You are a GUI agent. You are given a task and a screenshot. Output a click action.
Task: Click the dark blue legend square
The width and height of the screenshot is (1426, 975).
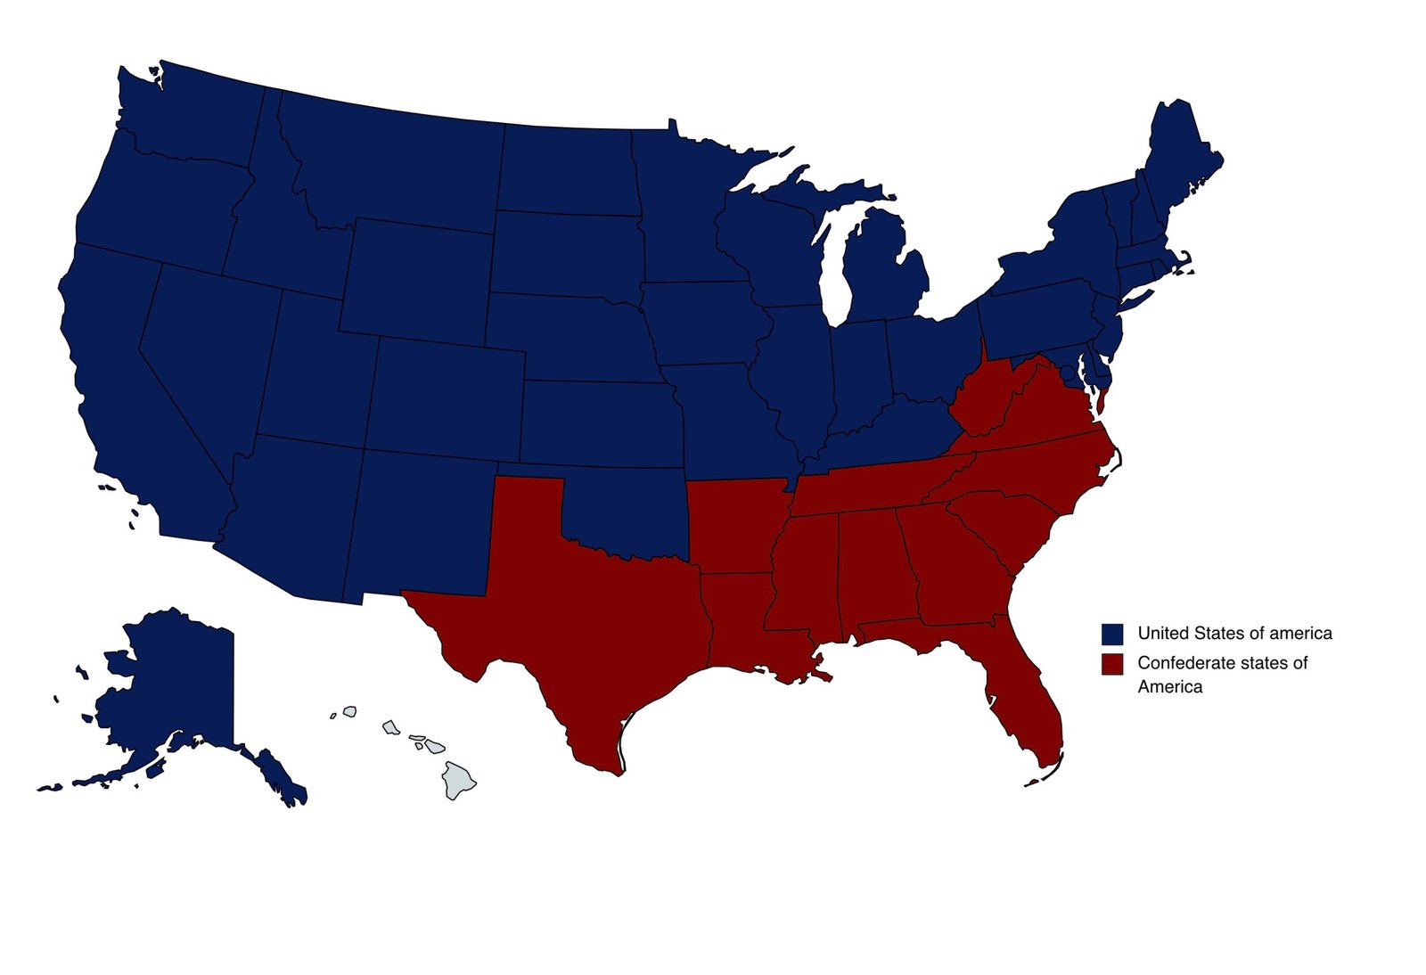click(x=1111, y=634)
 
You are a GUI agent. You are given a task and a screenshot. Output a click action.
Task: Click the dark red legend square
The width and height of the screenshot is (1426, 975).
click(x=1111, y=664)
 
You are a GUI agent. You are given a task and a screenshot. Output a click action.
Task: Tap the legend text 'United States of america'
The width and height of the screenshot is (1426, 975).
click(x=1234, y=634)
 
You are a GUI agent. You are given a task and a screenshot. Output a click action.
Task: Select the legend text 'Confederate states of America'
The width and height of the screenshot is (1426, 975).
click(x=1222, y=675)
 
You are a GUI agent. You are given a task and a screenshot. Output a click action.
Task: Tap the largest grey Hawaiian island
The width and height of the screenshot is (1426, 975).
click(x=459, y=779)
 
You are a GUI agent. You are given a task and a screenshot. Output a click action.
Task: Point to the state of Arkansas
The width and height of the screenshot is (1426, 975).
click(x=735, y=526)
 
